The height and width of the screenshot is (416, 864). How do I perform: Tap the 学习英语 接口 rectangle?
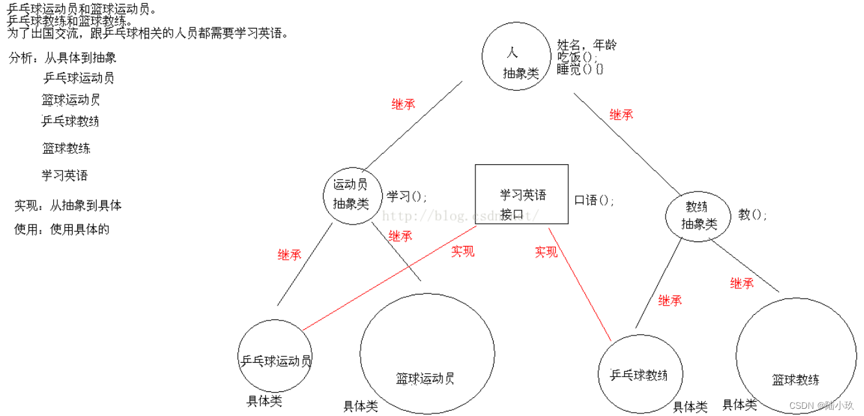pos(522,194)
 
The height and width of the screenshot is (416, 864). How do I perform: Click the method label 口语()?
pos(594,201)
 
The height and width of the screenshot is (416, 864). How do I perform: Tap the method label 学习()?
pos(407,196)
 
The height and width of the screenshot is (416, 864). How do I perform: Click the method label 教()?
pos(752,214)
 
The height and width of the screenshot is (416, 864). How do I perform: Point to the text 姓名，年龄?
pos(586,45)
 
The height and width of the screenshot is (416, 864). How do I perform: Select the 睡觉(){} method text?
pos(580,69)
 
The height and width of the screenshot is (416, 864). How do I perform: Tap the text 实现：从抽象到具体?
pos(67,206)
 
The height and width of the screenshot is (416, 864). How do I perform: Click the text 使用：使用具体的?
pos(62,229)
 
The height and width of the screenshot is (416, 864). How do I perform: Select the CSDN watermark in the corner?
pos(821,406)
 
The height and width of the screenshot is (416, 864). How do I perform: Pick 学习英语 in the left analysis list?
pos(65,176)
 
